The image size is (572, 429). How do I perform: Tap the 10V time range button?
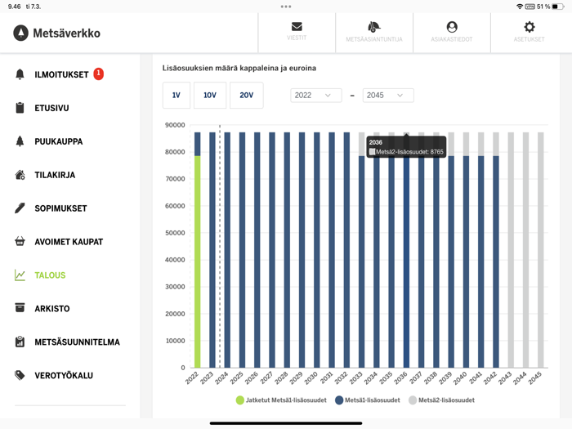210,96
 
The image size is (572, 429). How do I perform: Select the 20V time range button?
246,96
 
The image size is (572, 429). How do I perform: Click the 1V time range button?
176,96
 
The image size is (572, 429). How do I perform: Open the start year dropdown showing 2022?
315,96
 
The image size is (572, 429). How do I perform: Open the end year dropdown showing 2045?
387,96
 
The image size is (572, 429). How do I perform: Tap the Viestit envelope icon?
297,28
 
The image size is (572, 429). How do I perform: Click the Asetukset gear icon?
529,28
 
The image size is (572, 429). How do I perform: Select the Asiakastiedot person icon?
452,28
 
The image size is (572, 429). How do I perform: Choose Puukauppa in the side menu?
58,141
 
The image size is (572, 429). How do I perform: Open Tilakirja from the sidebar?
55,175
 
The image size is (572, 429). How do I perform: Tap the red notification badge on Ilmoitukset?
99,74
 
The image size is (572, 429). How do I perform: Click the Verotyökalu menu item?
63,376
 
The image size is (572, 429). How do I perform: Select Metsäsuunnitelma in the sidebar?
77,342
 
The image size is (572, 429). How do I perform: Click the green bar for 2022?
197,261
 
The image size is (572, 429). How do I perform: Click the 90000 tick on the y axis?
175,125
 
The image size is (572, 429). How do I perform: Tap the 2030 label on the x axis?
311,378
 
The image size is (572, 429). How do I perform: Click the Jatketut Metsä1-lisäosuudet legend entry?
282,400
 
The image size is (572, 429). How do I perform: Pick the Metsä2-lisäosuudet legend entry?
441,400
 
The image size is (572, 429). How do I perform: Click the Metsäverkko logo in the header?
57,34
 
